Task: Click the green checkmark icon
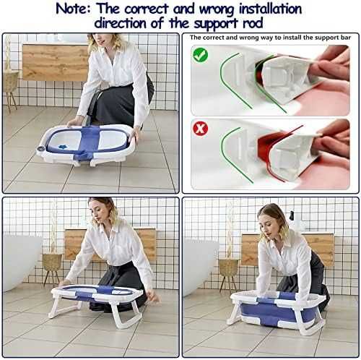(x=201, y=55)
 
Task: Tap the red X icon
(x=200, y=129)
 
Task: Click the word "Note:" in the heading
(x=74, y=9)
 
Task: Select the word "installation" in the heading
(x=270, y=9)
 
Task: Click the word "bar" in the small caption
(x=345, y=38)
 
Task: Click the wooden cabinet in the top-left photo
(x=56, y=62)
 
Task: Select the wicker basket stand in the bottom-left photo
(x=52, y=268)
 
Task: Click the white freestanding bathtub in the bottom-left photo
(x=21, y=262)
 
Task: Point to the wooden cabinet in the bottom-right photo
(x=287, y=250)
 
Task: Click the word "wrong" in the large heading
(x=217, y=9)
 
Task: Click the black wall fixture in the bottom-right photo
(x=292, y=215)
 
